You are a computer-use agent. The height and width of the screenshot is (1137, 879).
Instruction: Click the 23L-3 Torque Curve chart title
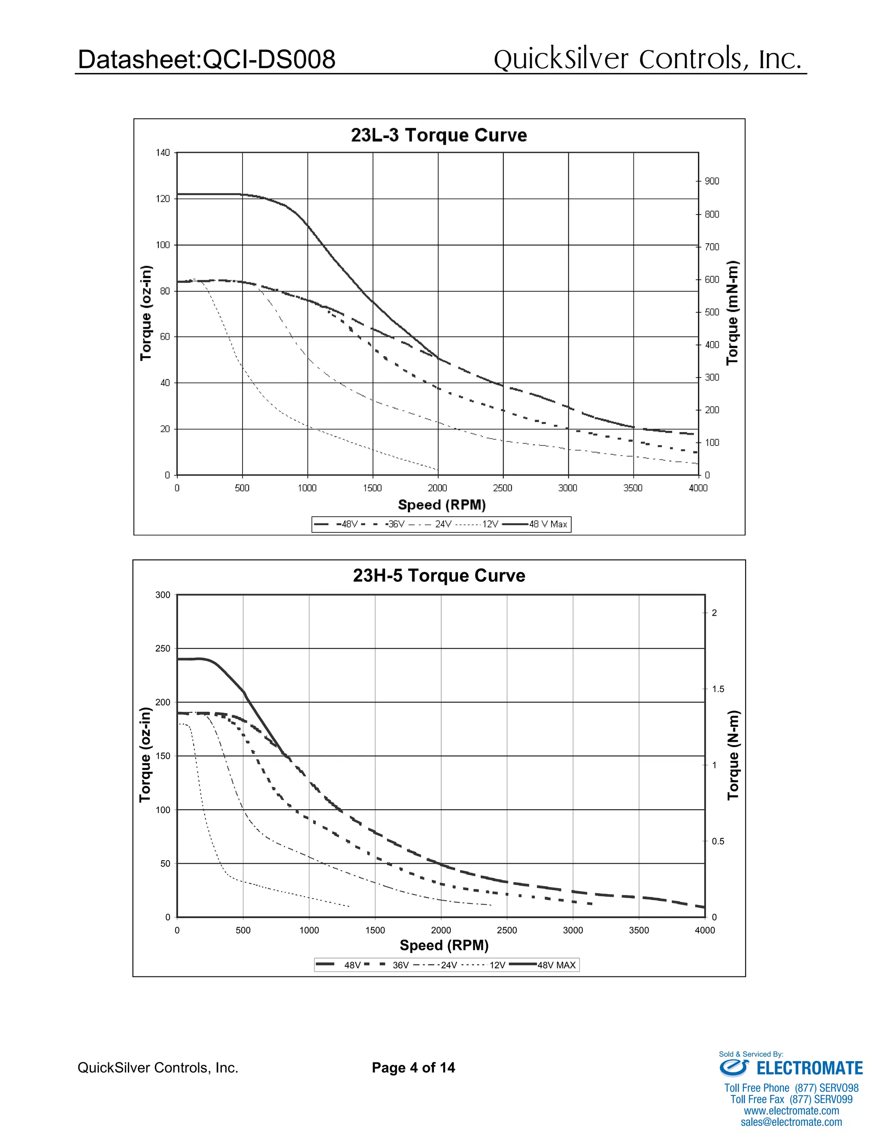439,135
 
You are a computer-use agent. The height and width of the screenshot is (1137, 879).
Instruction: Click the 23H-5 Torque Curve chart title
439,576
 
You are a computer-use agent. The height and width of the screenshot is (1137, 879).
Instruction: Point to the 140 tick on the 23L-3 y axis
163,153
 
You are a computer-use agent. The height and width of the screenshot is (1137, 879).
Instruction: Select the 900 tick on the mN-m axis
712,181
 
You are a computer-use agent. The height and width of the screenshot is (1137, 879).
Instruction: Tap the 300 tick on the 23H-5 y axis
163,595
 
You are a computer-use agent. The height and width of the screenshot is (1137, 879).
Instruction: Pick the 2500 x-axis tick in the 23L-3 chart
503,488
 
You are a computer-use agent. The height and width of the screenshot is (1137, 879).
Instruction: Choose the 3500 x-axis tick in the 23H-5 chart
639,930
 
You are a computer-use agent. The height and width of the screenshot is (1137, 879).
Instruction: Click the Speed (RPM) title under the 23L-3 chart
442,505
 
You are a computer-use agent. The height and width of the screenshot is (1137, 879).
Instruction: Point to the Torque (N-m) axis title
733,755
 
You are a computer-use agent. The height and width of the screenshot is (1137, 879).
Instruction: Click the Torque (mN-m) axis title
732,312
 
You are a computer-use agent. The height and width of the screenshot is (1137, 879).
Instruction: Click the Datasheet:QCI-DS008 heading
206,59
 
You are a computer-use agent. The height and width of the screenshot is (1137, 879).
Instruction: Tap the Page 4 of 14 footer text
413,1068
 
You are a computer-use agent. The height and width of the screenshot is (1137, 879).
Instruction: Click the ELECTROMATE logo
791,1068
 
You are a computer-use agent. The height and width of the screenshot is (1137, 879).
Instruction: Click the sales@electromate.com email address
791,1122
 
